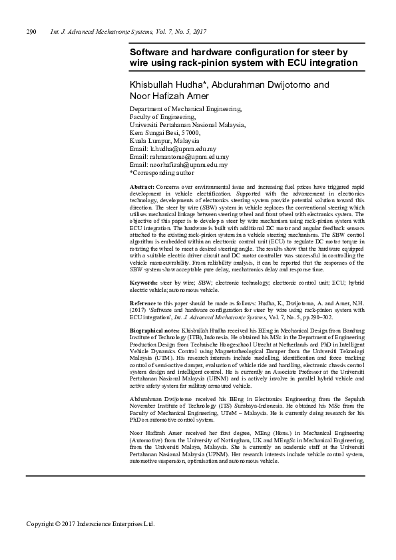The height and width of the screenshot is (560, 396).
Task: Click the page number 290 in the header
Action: tap(31, 31)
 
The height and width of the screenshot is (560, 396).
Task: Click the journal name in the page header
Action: tap(128, 31)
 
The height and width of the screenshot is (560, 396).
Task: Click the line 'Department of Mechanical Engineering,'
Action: tap(186, 108)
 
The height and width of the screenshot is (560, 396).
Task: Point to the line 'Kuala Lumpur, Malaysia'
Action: tap(164, 141)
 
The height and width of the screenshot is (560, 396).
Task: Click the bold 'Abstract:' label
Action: tap(142, 188)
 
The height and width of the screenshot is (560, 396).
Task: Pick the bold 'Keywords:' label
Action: tap(144, 283)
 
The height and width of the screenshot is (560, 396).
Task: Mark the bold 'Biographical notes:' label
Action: tap(154, 330)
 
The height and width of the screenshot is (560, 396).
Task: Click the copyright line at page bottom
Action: tap(90, 523)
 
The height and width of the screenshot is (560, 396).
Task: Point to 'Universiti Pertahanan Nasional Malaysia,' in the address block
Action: tap(188, 124)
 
